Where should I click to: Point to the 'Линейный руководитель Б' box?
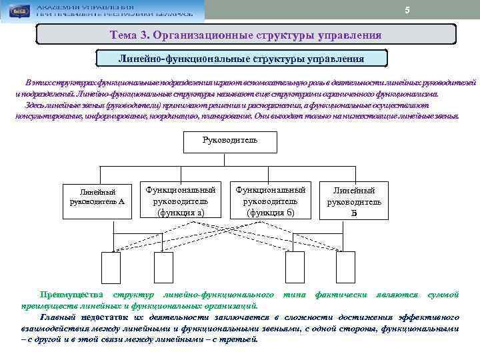click(x=354, y=200)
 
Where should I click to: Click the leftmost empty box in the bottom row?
click(x=111, y=267)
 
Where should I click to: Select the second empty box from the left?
click(x=163, y=267)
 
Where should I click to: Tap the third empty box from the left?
click(x=294, y=267)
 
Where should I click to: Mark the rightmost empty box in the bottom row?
click(x=345, y=267)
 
